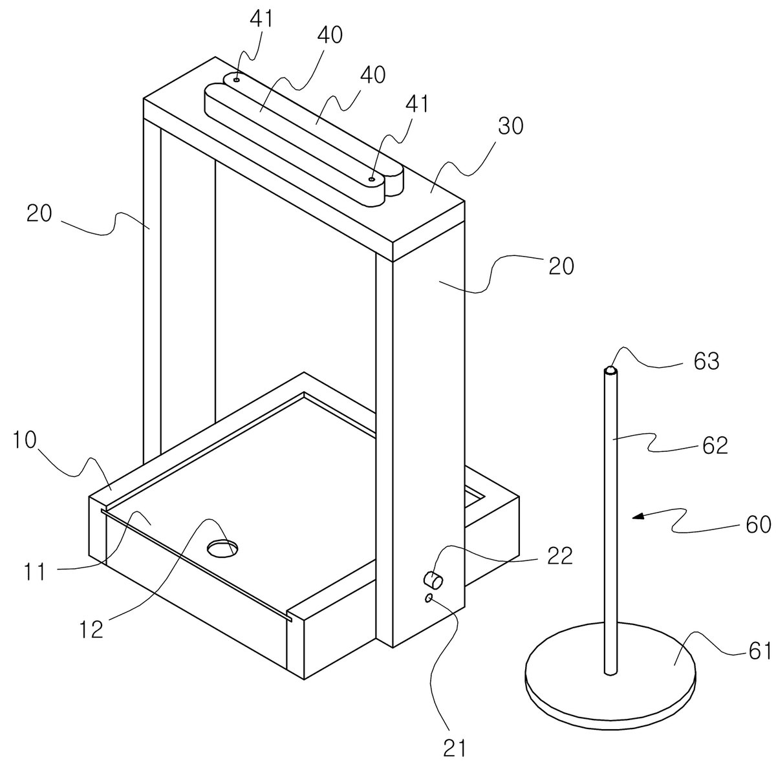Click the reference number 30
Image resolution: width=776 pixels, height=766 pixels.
click(510, 127)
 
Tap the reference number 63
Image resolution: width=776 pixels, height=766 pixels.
click(706, 361)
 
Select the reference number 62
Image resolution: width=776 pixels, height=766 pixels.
click(715, 445)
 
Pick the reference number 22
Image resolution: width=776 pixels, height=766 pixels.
click(560, 556)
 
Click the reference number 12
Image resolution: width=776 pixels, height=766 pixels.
click(92, 629)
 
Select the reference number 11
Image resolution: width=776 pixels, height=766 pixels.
click(36, 572)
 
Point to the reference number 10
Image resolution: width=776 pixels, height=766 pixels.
click(25, 440)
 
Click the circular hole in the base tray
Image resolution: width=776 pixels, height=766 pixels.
click(222, 548)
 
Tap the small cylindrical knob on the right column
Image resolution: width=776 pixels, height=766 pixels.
click(433, 580)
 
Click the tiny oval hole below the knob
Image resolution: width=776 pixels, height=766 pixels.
click(429, 598)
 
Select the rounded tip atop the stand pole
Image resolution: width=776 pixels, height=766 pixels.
click(611, 370)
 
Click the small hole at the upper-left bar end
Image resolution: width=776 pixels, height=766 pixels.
click(237, 80)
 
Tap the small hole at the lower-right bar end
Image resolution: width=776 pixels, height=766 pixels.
click(372, 179)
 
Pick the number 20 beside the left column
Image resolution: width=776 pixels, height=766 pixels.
click(39, 213)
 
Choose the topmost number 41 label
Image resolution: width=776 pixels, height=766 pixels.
click(261, 19)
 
